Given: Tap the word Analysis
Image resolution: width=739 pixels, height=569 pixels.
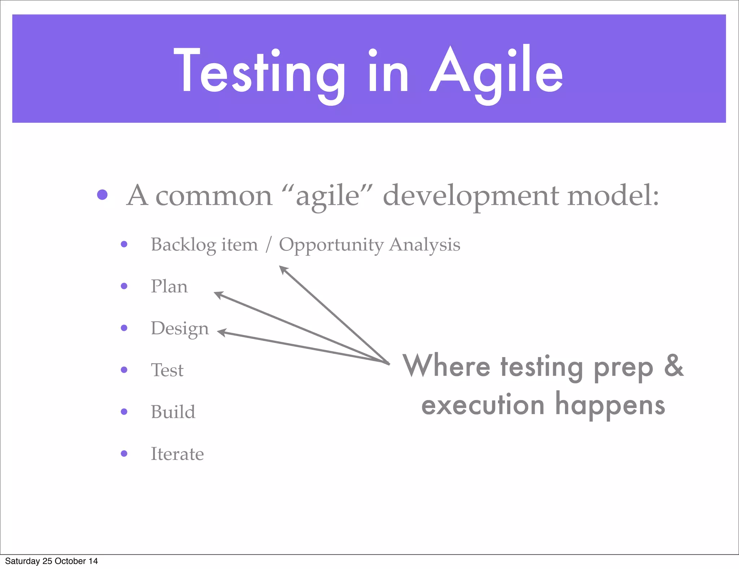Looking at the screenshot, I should pos(425,245).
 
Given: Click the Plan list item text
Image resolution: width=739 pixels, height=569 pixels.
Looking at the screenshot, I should pos(169,286).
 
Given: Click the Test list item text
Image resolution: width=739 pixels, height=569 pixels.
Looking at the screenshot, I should pos(167,370).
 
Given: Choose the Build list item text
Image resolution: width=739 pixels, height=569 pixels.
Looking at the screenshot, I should pos(173,412).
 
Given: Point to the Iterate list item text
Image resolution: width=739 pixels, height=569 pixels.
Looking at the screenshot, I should pos(177,454).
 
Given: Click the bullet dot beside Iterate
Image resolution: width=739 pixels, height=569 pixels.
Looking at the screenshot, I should pos(124,453).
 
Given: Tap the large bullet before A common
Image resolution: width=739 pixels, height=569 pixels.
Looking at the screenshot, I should pos(102,195).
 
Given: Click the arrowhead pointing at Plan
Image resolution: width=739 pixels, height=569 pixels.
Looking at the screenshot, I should pos(218,295).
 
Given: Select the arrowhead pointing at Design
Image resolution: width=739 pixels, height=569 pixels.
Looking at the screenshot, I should pos(221,332).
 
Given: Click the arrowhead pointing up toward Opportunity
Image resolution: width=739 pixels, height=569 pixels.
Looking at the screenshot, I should pos(283,269).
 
